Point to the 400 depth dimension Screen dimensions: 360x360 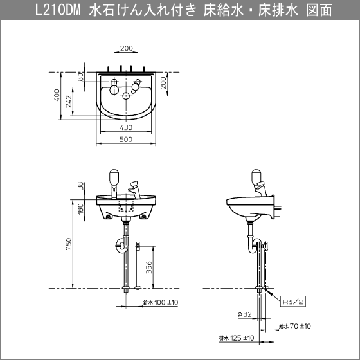click(x=57, y=95)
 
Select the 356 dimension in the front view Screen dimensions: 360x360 click(x=148, y=267)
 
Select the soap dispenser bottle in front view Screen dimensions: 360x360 click(x=113, y=175)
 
